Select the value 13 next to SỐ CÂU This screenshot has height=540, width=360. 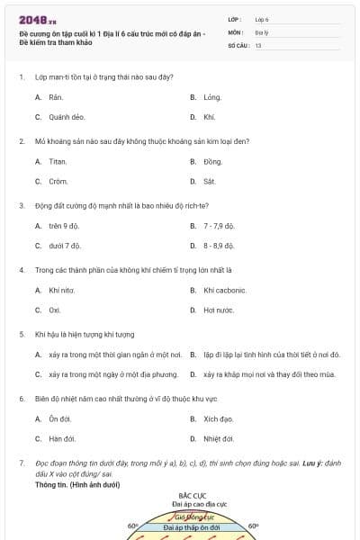(x=258, y=44)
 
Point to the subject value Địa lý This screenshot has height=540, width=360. (x=261, y=31)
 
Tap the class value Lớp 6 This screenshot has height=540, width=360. (x=262, y=19)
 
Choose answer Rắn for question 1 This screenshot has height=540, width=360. (x=56, y=96)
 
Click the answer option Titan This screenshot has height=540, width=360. (x=58, y=161)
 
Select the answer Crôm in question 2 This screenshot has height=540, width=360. (x=58, y=181)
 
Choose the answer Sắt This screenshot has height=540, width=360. (x=210, y=181)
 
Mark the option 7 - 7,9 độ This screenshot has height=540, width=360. (x=219, y=225)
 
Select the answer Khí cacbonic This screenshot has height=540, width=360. (x=225, y=290)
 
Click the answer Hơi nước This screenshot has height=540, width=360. (x=219, y=310)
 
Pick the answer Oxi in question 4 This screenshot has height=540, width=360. (x=55, y=310)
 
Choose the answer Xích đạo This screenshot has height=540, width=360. (x=219, y=418)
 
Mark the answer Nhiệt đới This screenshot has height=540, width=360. (x=219, y=439)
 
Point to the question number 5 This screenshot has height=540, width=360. (x=21, y=334)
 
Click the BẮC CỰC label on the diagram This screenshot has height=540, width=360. (x=193, y=496)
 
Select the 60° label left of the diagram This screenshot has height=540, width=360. (x=132, y=526)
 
